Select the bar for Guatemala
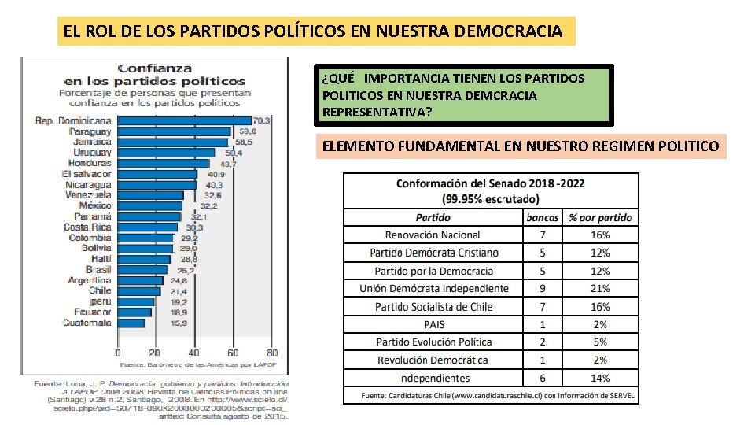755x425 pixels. pos(131,323)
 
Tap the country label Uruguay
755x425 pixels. pos(92,152)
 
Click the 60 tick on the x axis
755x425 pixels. pos(234,353)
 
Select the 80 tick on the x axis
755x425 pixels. pos(272,353)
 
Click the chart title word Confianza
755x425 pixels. pos(154,68)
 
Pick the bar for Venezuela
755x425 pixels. pos(150,195)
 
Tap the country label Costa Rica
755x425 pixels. pos(87,227)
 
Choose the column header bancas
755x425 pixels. pos(543,217)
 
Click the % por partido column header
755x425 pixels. pos(600,217)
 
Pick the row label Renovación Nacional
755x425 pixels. pos(433,235)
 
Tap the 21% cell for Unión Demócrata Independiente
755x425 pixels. pos(600,288)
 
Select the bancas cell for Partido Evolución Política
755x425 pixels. pos(543,342)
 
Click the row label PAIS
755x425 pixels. pos(433,324)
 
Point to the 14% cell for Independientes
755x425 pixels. pos(600,378)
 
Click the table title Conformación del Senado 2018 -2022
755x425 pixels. pos(490,183)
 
